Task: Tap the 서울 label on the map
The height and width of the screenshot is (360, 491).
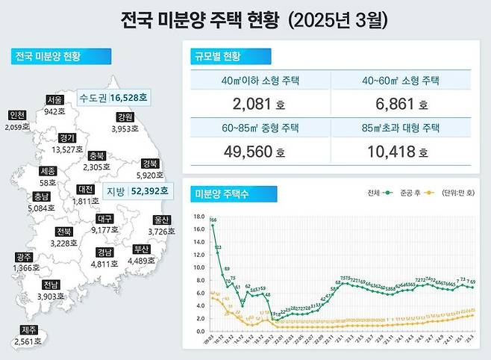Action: pyautogui.click(x=54, y=99)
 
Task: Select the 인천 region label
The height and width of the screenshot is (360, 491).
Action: pyautogui.click(x=16, y=115)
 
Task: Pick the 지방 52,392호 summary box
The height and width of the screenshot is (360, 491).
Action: pyautogui.click(x=137, y=191)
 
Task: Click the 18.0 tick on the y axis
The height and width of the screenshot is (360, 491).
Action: pyautogui.click(x=198, y=217)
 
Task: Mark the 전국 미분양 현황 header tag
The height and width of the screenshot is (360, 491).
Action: pyautogui.click(x=58, y=56)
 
